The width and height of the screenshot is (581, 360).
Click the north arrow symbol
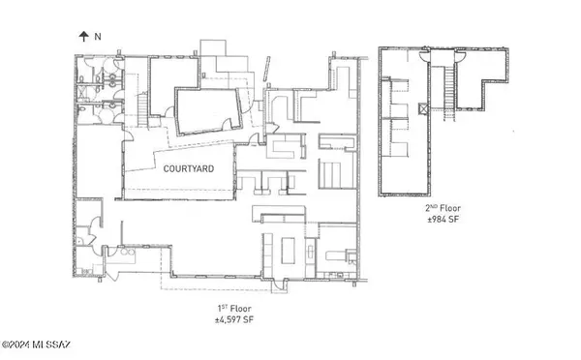[x=83, y=37]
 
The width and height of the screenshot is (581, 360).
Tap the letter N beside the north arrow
[x=98, y=37]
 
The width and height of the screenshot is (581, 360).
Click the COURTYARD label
[x=189, y=169]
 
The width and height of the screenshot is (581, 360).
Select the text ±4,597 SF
[x=234, y=319]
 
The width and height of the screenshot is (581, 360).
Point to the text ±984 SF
[x=443, y=219]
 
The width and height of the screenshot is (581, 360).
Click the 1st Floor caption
[x=234, y=308]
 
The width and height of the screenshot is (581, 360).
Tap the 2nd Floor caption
[x=443, y=208]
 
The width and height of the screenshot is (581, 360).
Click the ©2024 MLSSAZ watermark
[x=36, y=345]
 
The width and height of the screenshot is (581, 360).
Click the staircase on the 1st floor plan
[x=143, y=109]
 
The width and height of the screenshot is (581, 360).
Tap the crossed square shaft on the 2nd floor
[x=423, y=108]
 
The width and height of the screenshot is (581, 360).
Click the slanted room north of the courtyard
[x=208, y=111]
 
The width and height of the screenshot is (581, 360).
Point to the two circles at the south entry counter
[x=127, y=252]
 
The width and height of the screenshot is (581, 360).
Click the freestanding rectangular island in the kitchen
[x=288, y=251]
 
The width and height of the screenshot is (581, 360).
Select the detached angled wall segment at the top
[x=266, y=69]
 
